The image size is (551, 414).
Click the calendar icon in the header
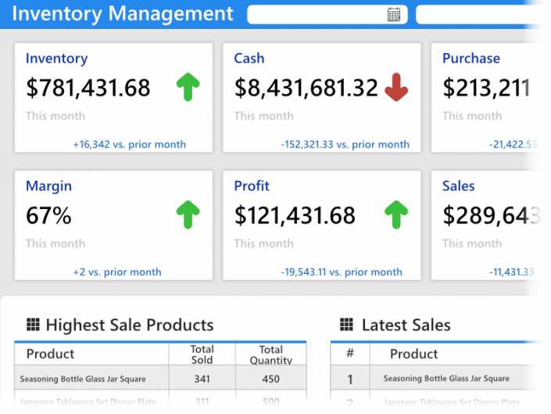[x=394, y=14]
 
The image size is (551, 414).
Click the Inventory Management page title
[x=122, y=14]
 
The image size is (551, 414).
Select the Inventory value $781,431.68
[x=88, y=88]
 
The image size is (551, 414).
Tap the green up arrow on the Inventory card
[x=188, y=87]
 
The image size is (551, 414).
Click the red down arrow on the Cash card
[x=396, y=88]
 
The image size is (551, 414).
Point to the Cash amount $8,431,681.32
[x=306, y=88]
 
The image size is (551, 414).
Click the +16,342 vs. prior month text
[x=129, y=144]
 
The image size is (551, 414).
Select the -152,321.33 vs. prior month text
[x=345, y=144]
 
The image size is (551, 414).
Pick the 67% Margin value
[x=48, y=215]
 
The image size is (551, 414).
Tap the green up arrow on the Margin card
[x=188, y=214]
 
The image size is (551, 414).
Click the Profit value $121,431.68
[x=295, y=215]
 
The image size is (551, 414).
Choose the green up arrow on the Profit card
[x=396, y=214]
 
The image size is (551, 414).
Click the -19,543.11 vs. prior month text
[x=342, y=272]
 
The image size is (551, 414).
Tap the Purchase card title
[x=470, y=59]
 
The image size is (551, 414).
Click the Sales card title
[x=458, y=186]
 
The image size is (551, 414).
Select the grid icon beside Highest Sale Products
[x=33, y=325]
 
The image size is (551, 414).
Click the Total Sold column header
[x=202, y=355]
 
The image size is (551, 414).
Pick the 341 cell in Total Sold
[x=202, y=380]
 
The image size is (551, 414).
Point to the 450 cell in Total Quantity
[x=270, y=380]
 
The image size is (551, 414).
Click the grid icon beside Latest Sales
[x=347, y=325]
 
